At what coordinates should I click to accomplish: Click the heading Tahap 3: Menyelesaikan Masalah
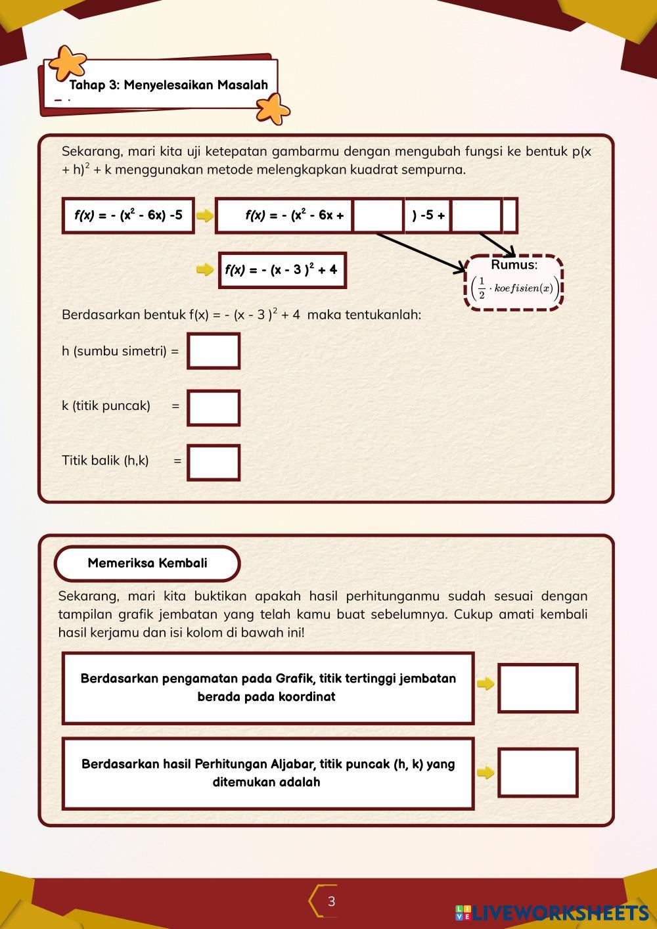coord(169,85)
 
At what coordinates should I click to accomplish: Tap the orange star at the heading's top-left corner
coord(68,62)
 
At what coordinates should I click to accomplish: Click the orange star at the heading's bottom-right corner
coord(273,108)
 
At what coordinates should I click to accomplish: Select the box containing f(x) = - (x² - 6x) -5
coord(128,215)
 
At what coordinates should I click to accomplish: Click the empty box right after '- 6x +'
coord(378,215)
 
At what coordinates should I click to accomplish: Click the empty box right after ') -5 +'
coord(477,215)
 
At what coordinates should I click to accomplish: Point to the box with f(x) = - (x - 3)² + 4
coord(282,269)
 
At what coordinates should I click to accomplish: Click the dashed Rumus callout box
coord(514,282)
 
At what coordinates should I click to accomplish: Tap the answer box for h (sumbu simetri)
coord(214,351)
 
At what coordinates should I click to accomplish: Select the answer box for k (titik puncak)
coord(214,407)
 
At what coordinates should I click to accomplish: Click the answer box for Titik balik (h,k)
coord(214,462)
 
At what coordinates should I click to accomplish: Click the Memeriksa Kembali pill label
coord(147,563)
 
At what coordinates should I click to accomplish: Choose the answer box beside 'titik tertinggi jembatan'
coord(537,688)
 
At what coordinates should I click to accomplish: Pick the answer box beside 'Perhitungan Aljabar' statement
coord(537,773)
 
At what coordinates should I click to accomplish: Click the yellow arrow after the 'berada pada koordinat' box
coord(486,684)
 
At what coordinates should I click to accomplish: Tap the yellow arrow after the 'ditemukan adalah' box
coord(486,773)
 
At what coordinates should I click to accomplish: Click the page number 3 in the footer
coord(331,901)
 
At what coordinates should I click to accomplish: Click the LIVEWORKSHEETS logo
coord(552,913)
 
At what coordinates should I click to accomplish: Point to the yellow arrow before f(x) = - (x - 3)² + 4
coord(205,269)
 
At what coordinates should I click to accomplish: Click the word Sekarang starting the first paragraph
coord(91,152)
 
